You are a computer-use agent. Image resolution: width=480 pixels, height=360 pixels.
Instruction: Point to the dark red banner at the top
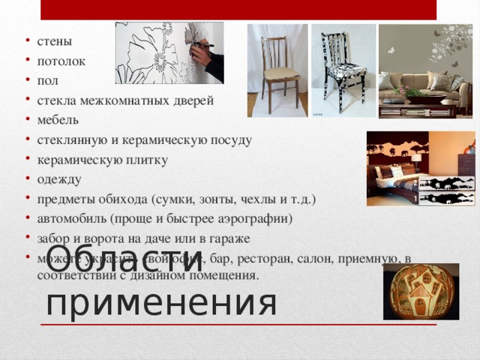point(238,9)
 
